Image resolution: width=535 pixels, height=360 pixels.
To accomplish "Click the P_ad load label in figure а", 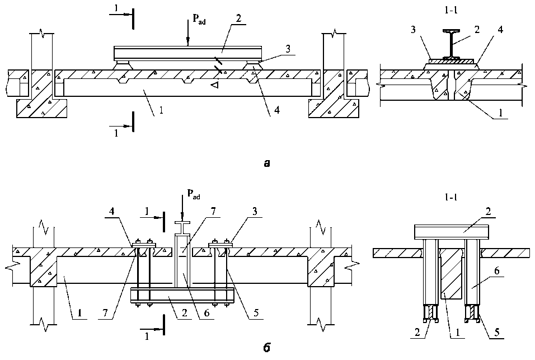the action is point(199,20).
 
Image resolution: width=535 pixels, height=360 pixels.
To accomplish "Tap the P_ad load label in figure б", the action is point(194,194).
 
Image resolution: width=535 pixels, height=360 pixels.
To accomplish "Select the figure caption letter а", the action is point(267,164).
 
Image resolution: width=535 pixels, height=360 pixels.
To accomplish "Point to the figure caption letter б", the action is point(267,348).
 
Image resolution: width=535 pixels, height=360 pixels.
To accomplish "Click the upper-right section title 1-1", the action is point(450,10).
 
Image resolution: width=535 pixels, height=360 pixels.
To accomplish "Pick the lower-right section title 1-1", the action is point(450,197).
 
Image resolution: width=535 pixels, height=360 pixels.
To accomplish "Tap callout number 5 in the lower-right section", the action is point(497,331).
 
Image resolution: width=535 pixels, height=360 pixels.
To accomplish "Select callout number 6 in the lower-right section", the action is point(497,270).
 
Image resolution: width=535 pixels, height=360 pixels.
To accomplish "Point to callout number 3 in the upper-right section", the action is point(414,30).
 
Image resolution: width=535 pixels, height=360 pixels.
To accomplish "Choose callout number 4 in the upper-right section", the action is point(500,30).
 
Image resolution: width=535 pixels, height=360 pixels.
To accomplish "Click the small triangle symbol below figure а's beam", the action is point(214,85).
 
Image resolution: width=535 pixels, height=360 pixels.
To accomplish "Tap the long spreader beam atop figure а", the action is point(187,53).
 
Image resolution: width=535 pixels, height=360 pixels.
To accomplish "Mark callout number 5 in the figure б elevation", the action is point(256,312).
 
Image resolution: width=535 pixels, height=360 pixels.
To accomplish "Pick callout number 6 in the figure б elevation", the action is point(207,312).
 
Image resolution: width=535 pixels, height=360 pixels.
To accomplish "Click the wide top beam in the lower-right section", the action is point(452,232).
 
